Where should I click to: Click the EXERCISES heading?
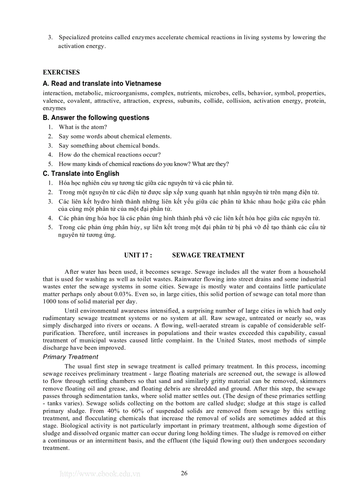coord(61,72)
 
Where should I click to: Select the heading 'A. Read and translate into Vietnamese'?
coord(102,83)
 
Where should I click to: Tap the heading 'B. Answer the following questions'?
coord(96,118)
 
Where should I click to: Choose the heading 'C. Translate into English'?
coord(81,174)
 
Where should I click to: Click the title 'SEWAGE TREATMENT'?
coord(208,255)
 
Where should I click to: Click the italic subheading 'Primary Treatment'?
coord(71,357)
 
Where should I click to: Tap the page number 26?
coord(184,473)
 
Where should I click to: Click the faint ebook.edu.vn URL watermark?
coord(100,474)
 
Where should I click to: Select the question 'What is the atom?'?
coord(83,127)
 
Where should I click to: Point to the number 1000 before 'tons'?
coord(50,301)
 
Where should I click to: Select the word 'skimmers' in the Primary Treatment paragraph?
coord(311,381)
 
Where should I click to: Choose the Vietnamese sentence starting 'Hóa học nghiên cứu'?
coord(146,183)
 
